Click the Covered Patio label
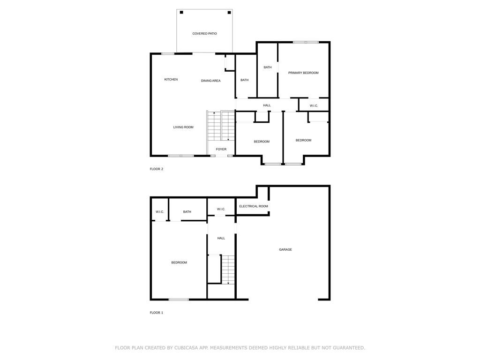coord(204,34)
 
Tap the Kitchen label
coord(171,80)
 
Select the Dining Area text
coord(210,81)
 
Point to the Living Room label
coord(183,127)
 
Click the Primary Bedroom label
coord(303,73)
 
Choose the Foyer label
coord(221,150)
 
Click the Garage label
coord(285,250)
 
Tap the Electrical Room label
coord(254,206)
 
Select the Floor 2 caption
coord(157,169)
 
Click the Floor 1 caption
coord(157,313)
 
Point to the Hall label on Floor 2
coord(267,105)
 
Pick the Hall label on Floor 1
coord(221,238)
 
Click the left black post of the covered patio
coord(181,12)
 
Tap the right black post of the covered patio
coord(229,12)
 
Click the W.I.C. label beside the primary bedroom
coord(314,106)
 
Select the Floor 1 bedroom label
coord(179,262)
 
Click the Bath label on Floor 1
coord(187,212)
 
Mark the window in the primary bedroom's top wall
coord(306,42)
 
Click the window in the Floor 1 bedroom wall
coord(179,300)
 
